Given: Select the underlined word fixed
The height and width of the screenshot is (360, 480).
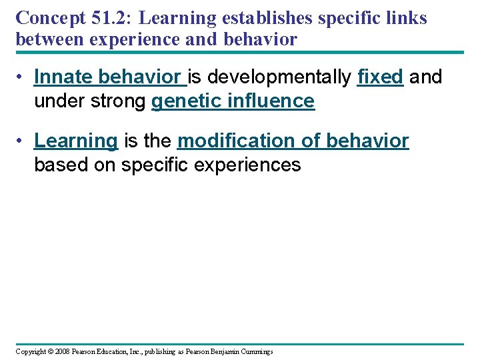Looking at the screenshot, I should click(380, 77).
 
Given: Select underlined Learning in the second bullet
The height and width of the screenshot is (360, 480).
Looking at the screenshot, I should click(76, 141).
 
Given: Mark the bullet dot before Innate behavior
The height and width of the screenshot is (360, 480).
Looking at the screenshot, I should click(22, 77).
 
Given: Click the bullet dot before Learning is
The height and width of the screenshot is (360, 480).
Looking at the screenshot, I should click(22, 141).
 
